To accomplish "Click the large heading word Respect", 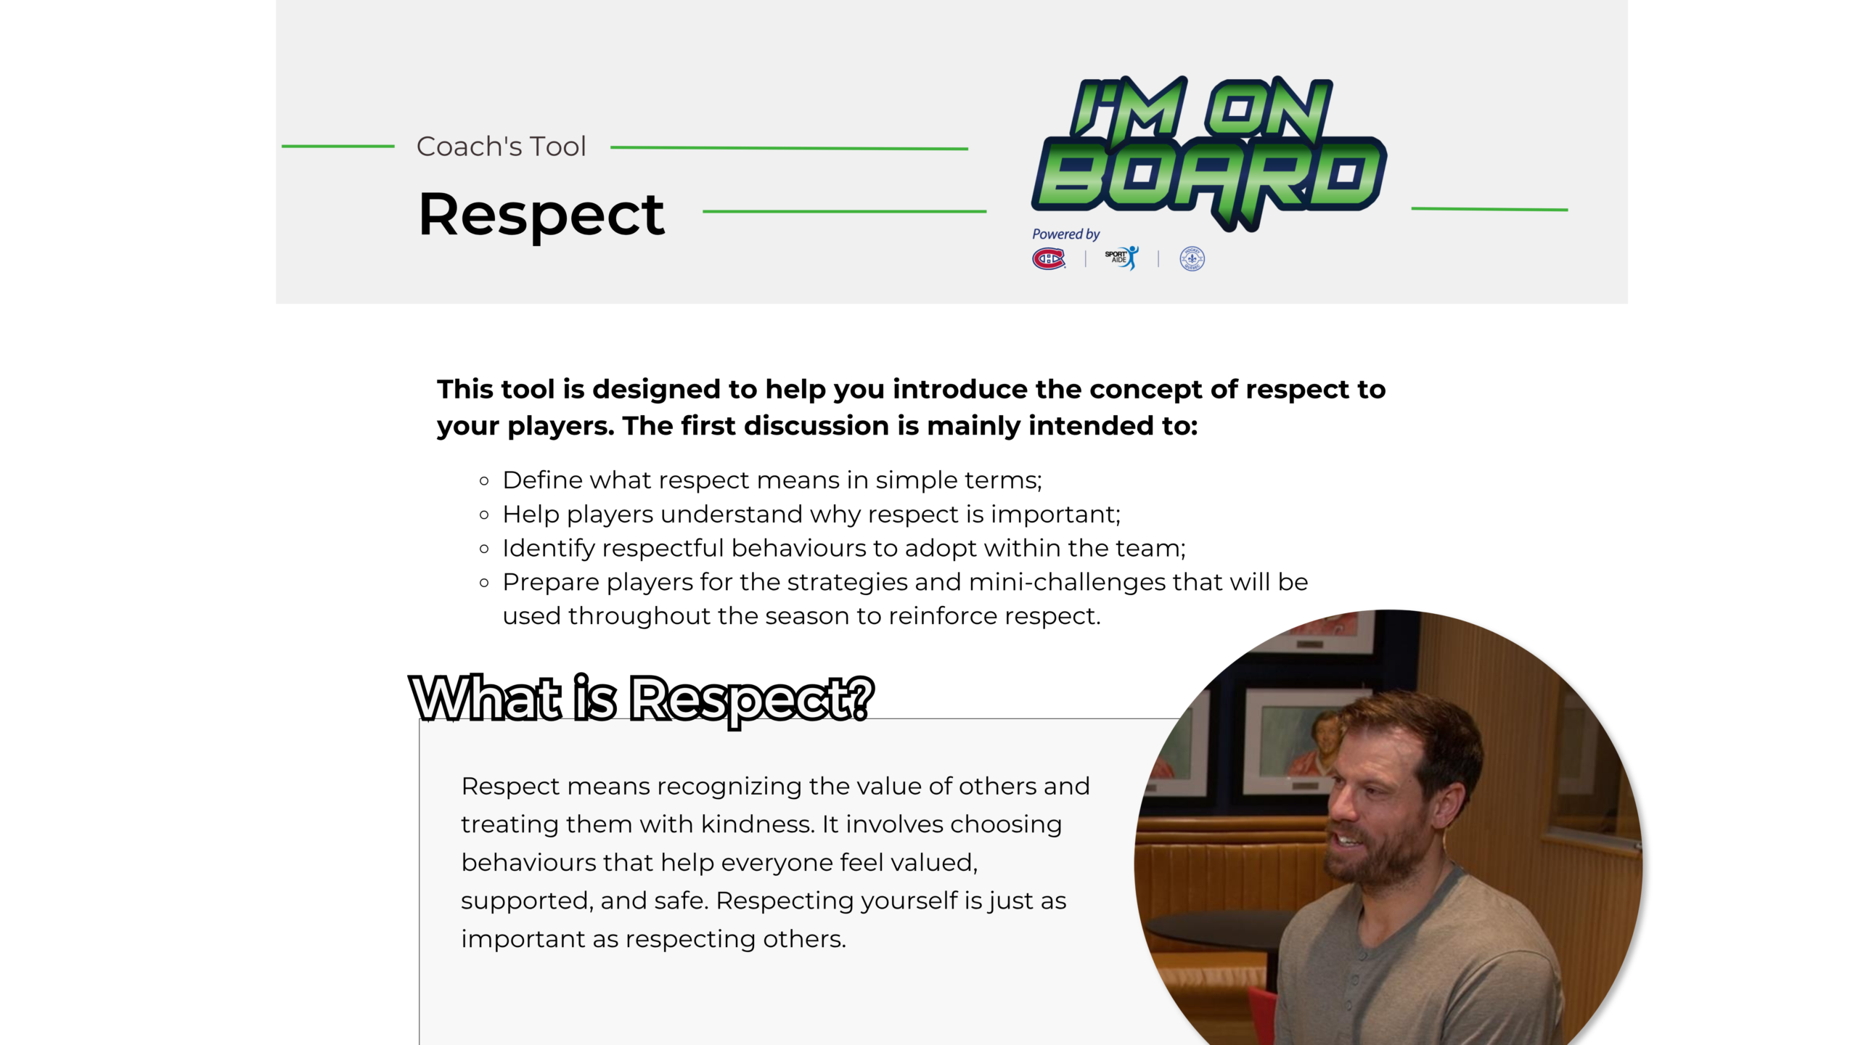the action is click(541, 215).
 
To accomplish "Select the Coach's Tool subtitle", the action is click(501, 147).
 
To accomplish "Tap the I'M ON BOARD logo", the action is click(1208, 152).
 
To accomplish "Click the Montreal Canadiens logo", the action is click(1049, 258).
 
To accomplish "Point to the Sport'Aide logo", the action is click(1122, 258).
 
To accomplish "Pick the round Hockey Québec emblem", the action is click(1192, 258).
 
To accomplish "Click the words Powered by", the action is click(1065, 234).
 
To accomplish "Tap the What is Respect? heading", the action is click(642, 698).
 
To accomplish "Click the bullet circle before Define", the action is click(485, 480).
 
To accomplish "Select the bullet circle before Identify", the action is click(485, 549).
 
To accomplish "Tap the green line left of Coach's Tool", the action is click(338, 147).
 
